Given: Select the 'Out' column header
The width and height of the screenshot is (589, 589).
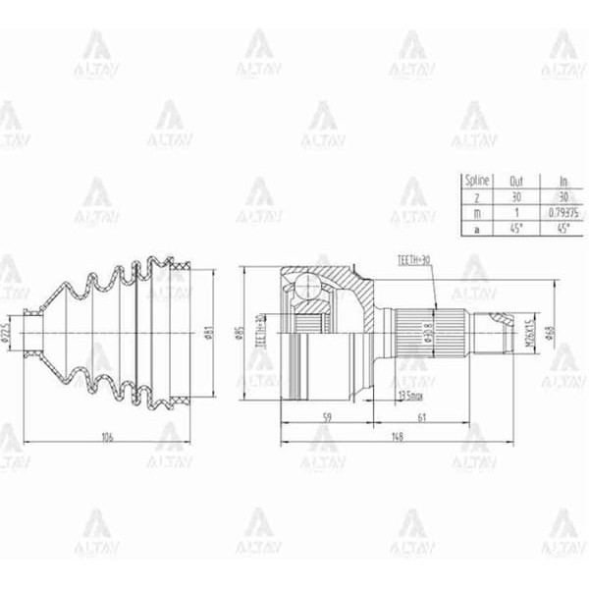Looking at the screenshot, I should coord(517,181).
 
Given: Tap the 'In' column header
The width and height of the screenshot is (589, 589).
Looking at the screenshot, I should coord(562,181).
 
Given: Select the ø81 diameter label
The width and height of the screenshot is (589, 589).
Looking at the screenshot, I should coord(209,335).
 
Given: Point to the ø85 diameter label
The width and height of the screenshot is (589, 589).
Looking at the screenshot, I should coord(240,335).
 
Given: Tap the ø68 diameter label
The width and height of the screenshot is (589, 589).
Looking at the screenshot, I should coord(553,333).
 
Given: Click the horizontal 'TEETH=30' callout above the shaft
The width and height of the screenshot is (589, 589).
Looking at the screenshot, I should coord(414,260).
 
